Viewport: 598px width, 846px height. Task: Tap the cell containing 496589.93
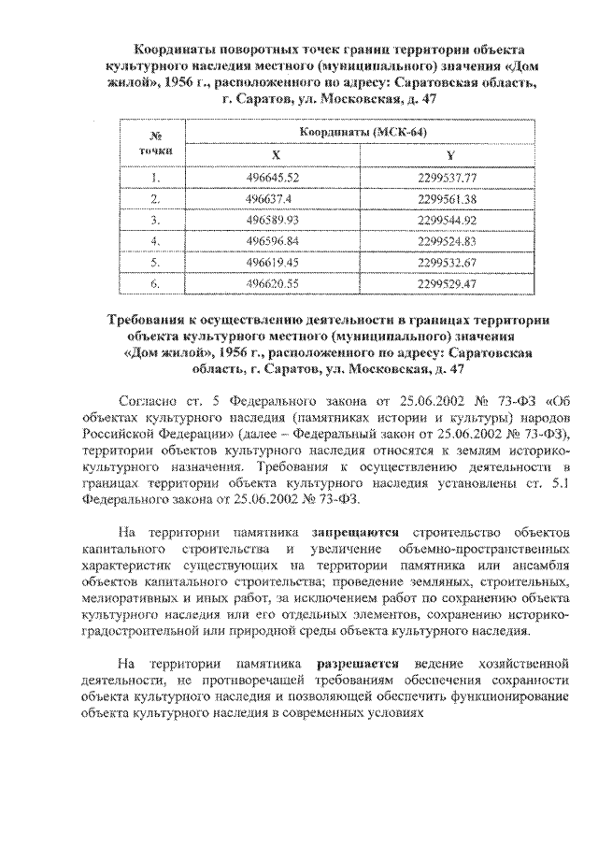pos(274,220)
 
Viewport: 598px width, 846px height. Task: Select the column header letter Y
pos(449,154)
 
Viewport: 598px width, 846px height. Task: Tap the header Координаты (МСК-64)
pos(363,133)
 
